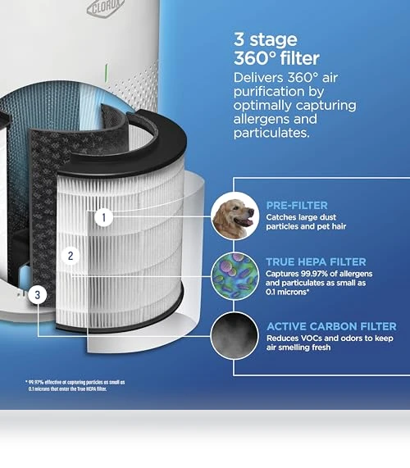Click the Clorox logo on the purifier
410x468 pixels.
(x=106, y=8)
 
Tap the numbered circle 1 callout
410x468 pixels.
(x=103, y=217)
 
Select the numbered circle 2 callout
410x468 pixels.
(x=71, y=256)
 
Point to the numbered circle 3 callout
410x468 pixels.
(x=38, y=295)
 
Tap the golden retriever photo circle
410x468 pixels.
(x=235, y=216)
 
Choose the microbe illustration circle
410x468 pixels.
(x=235, y=276)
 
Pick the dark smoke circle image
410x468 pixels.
(x=235, y=336)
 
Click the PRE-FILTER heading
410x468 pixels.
(x=297, y=206)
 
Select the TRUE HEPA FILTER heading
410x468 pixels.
(x=316, y=261)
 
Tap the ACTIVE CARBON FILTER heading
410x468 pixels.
(x=331, y=326)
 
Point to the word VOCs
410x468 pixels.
(x=312, y=339)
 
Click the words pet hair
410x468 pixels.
(x=331, y=226)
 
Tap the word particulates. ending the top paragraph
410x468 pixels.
(x=271, y=133)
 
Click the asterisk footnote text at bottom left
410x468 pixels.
(x=75, y=385)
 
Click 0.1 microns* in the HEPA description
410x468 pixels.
(x=287, y=292)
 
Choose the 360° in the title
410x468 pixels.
(x=255, y=58)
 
